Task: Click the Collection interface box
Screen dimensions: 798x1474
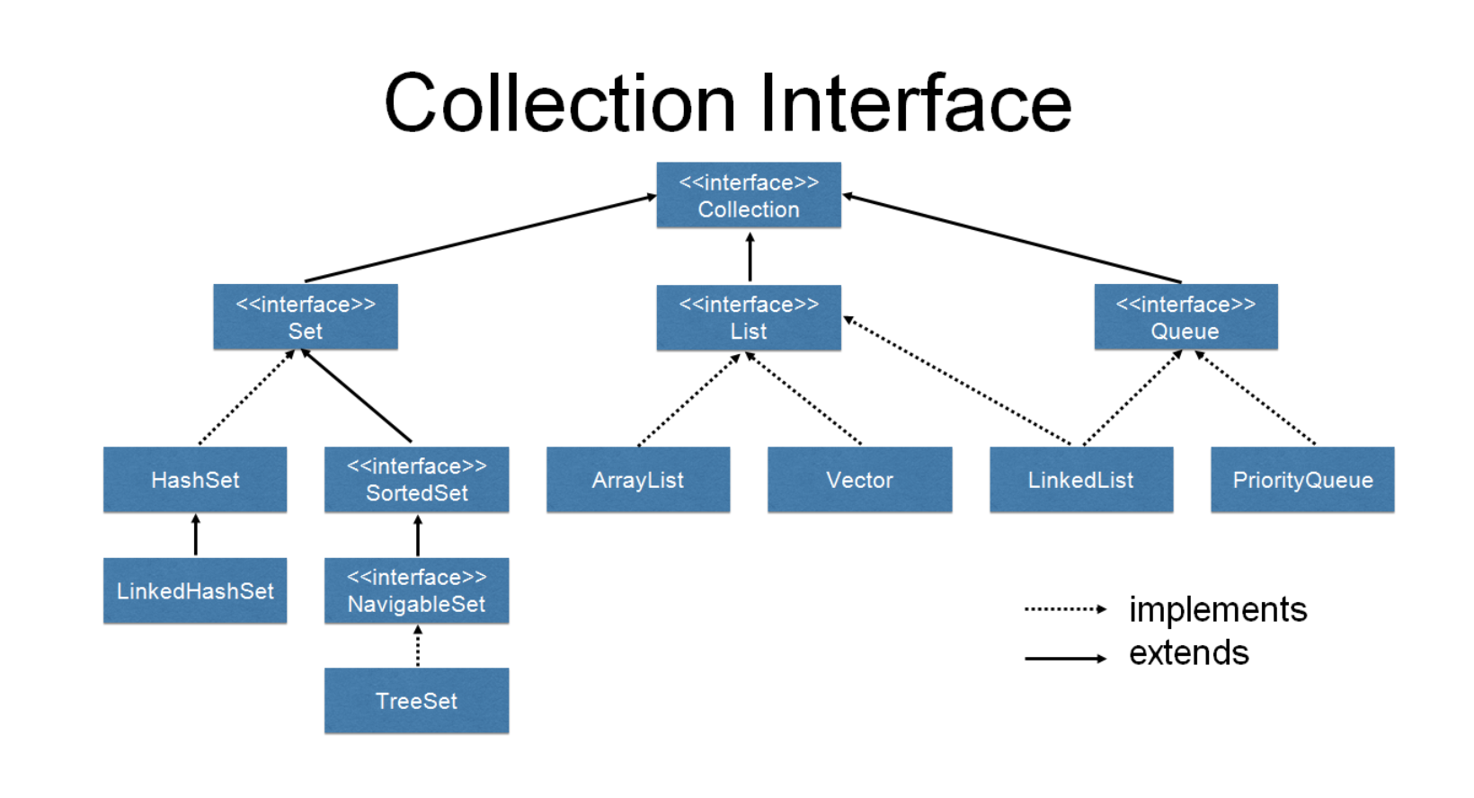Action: coord(749,195)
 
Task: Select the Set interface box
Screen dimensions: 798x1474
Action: coord(306,317)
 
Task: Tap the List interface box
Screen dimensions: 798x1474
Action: coord(749,317)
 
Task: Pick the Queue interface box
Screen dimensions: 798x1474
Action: coord(1185,317)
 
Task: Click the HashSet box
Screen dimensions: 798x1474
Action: coord(195,480)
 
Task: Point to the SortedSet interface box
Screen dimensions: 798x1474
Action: coord(416,480)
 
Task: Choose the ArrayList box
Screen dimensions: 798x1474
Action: coord(638,480)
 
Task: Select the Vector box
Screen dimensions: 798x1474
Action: coord(859,480)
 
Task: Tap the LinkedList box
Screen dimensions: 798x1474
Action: coord(1081,480)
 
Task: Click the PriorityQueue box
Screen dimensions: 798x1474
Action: coord(1302,480)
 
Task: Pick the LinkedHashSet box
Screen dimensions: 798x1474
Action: coord(195,590)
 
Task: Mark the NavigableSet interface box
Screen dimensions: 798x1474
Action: coord(416,590)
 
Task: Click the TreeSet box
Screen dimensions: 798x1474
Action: coord(416,701)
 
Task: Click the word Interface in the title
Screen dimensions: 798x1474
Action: coord(916,103)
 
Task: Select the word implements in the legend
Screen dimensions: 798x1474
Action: coord(1218,609)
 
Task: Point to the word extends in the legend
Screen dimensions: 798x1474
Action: coord(1188,653)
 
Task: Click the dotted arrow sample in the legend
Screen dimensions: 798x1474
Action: coord(1065,609)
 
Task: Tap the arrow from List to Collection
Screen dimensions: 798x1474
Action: coord(750,257)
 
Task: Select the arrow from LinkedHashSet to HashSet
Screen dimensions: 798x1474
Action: coord(196,536)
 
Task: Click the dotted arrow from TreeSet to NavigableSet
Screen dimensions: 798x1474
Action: coord(418,646)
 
